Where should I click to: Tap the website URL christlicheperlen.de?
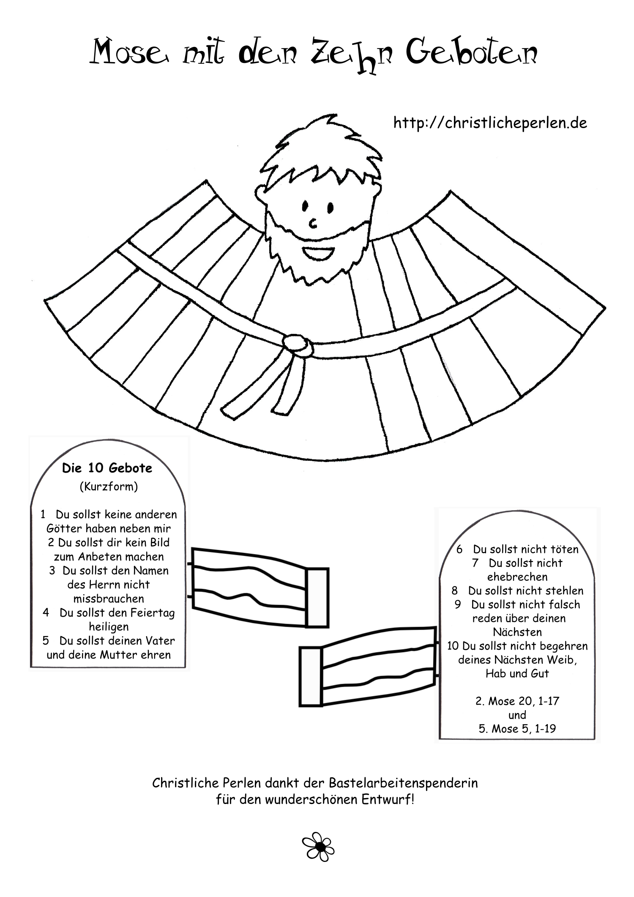click(490, 123)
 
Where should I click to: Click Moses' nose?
click(313, 223)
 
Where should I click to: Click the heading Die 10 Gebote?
click(107, 468)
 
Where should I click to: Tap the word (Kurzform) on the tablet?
click(109, 487)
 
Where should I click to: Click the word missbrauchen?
click(109, 599)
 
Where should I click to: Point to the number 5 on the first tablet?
click(46, 641)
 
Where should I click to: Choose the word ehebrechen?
click(517, 577)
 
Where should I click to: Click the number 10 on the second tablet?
click(453, 646)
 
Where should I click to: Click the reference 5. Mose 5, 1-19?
click(517, 729)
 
